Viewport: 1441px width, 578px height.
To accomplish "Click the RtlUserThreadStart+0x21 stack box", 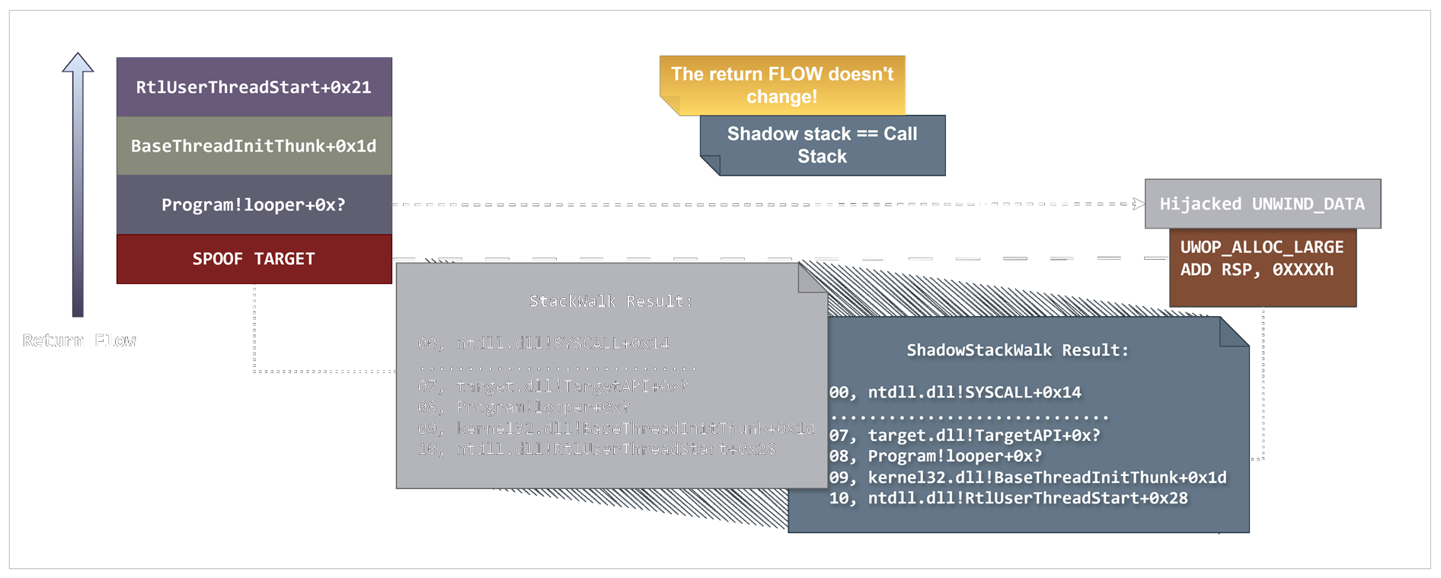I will tap(254, 87).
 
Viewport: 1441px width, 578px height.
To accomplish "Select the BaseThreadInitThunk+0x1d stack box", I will tap(254, 145).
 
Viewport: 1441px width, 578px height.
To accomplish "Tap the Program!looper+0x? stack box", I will tap(254, 204).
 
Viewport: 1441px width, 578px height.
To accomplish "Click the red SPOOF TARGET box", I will tap(254, 259).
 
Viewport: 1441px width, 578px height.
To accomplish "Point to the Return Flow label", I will tap(78, 340).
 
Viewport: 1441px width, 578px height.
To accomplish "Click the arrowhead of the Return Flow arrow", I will tap(78, 63).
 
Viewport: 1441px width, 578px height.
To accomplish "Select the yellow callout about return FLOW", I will tap(782, 85).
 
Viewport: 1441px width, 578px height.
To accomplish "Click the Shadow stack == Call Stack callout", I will tap(822, 145).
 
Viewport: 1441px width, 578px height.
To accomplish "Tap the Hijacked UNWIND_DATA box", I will tap(1262, 203).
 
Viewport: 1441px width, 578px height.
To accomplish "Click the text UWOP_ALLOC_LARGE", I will tap(1261, 247).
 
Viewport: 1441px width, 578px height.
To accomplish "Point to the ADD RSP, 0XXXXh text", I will tap(1257, 270).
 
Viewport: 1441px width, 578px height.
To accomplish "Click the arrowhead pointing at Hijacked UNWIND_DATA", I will tap(1139, 203).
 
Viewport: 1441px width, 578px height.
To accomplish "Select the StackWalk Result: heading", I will tap(611, 301).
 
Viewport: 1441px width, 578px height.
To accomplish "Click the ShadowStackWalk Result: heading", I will tap(1018, 350).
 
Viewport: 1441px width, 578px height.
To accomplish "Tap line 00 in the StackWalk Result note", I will tap(543, 343).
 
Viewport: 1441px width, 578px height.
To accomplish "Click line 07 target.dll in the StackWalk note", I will tap(552, 386).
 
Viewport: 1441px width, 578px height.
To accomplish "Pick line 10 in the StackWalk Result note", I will tap(596, 449).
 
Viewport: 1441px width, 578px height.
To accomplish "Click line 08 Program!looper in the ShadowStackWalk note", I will tap(935, 456).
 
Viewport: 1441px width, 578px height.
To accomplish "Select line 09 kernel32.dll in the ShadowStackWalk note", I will tap(1027, 477).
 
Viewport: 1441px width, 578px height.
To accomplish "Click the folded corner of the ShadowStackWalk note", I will tap(1232, 332).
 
